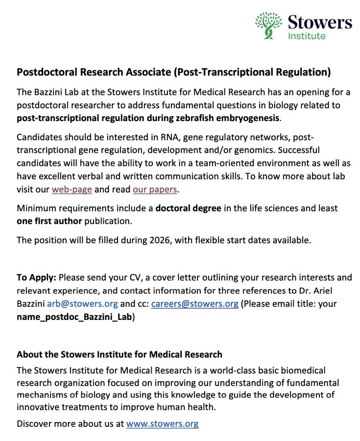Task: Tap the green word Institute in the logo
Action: coord(306,36)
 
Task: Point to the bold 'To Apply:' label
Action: coord(36,277)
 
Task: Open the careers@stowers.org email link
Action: coord(194,303)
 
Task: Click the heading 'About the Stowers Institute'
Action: coord(119,354)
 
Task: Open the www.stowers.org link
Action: coord(162,424)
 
